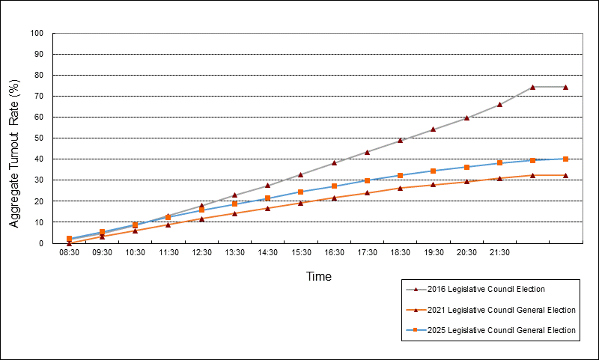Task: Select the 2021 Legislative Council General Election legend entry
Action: click(x=491, y=310)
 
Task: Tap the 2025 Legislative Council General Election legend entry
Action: click(x=491, y=330)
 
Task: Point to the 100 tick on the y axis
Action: click(x=37, y=34)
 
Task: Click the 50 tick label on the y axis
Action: click(x=37, y=138)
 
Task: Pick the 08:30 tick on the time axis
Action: click(x=69, y=253)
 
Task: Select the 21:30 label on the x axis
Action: click(x=499, y=253)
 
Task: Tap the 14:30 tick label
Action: click(x=267, y=253)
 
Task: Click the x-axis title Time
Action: click(x=318, y=276)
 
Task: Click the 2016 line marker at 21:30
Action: click(x=499, y=105)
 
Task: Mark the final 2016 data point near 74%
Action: click(x=565, y=87)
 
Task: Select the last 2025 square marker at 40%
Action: click(x=565, y=159)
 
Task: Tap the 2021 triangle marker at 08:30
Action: click(x=69, y=242)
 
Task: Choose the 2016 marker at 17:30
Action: click(x=367, y=152)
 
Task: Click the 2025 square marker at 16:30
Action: click(x=334, y=186)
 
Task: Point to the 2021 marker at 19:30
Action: click(x=433, y=184)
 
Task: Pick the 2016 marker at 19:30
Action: click(x=433, y=129)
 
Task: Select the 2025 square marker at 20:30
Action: click(x=466, y=167)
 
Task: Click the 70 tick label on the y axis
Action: click(x=37, y=97)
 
